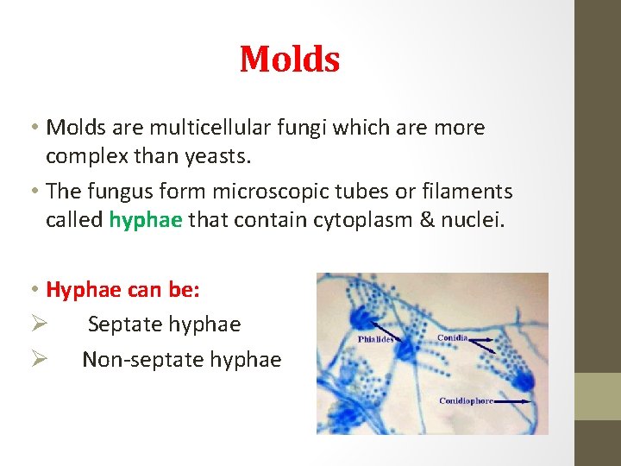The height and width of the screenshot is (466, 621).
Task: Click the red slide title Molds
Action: (x=290, y=60)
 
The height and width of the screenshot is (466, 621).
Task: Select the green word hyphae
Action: (x=146, y=220)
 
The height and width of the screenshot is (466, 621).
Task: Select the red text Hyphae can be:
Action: (x=122, y=290)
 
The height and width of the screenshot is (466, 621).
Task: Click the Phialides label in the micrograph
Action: (x=375, y=340)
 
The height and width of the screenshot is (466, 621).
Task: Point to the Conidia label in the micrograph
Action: (x=453, y=337)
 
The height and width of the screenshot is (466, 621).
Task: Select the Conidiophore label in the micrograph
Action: (x=466, y=401)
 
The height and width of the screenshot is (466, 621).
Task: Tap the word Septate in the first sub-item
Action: (x=125, y=325)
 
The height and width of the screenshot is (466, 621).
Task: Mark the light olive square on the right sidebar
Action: (x=598, y=396)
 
